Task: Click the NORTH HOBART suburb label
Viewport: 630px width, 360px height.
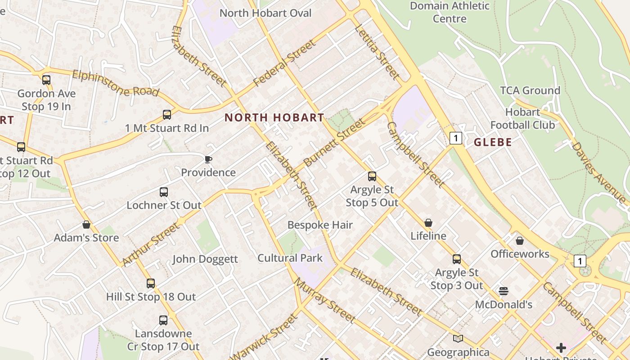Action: pyautogui.click(x=274, y=118)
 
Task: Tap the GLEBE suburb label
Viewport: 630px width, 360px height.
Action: pyautogui.click(x=493, y=143)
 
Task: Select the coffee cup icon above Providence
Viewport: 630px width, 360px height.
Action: pyautogui.click(x=208, y=159)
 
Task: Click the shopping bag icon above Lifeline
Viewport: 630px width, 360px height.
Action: pyautogui.click(x=428, y=223)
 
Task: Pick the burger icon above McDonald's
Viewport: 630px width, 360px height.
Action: pyautogui.click(x=504, y=291)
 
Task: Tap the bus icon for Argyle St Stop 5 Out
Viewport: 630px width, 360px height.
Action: pyautogui.click(x=372, y=176)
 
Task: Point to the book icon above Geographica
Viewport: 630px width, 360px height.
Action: pyautogui.click(x=458, y=338)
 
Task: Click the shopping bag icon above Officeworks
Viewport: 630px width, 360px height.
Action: pyautogui.click(x=520, y=241)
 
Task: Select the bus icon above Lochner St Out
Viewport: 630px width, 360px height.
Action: pyautogui.click(x=164, y=192)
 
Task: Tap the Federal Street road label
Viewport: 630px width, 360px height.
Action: pyautogui.click(x=284, y=63)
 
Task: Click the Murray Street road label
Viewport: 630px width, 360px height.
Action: pyautogui.click(x=324, y=300)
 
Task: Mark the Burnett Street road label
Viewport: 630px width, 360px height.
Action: pyautogui.click(x=334, y=142)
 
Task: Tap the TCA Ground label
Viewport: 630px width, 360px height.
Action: pyautogui.click(x=530, y=90)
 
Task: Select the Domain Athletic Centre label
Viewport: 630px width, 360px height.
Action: pyautogui.click(x=450, y=12)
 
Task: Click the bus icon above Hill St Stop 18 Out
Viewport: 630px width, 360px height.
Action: pyautogui.click(x=151, y=283)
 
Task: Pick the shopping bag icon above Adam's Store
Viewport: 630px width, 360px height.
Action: pyautogui.click(x=86, y=225)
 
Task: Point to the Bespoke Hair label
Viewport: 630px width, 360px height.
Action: pyautogui.click(x=320, y=225)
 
